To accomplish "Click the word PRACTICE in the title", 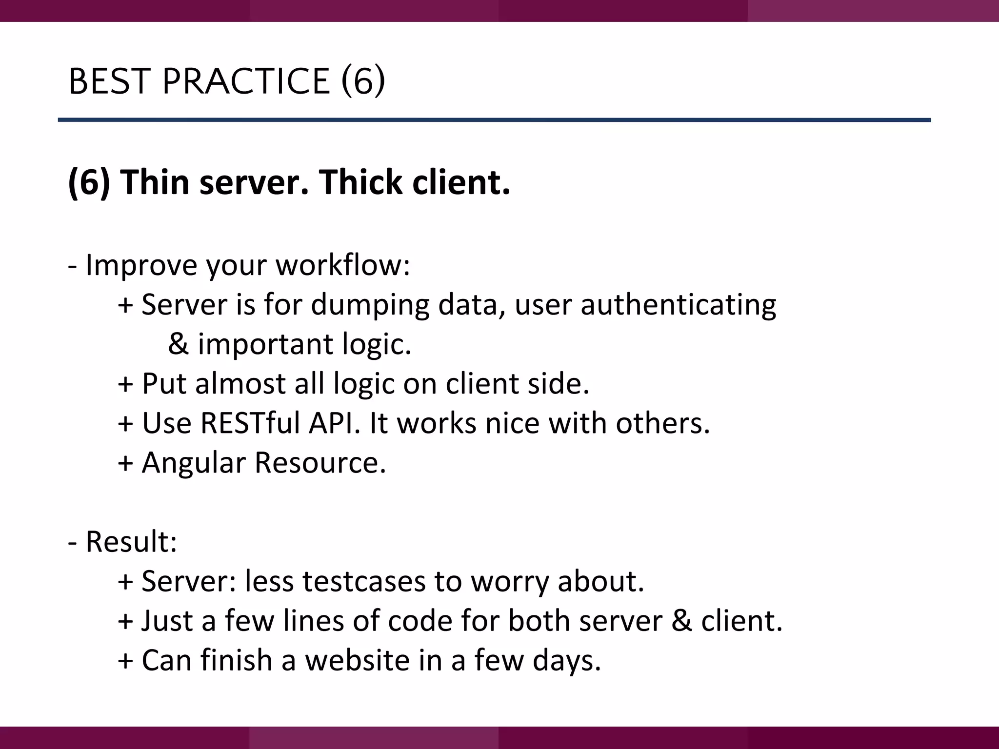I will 246,81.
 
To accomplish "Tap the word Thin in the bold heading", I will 155,182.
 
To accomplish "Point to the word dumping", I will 370,305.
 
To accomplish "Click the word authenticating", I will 678,305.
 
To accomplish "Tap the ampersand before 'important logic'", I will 178,344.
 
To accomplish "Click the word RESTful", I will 250,423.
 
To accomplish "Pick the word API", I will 334,423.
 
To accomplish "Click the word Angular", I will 194,462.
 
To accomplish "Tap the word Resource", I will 320,462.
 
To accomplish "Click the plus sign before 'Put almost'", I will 125,384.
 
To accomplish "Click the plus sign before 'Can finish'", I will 125,661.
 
